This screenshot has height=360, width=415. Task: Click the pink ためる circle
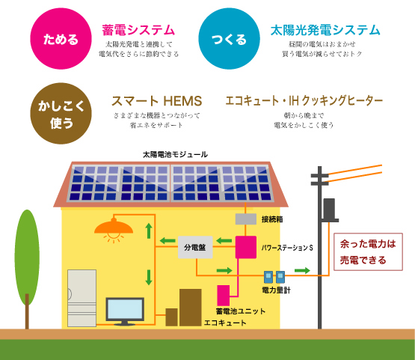61,39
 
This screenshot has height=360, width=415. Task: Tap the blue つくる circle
230,39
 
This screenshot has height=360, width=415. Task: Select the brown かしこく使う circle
61,113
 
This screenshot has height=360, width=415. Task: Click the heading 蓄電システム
138,30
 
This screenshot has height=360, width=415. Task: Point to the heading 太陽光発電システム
325,30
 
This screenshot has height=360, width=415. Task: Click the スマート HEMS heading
157,101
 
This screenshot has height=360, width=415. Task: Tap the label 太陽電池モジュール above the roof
175,154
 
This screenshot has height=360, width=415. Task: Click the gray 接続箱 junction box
246,219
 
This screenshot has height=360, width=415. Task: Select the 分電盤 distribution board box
195,247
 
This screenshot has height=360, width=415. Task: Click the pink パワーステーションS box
246,247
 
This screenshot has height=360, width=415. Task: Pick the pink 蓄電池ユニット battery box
224,296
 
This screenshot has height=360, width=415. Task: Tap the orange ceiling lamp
114,228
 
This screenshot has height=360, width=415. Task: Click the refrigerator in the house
82,298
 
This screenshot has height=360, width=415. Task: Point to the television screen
125,309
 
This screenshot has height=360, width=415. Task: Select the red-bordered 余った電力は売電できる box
368,251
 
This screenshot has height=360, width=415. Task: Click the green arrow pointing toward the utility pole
302,270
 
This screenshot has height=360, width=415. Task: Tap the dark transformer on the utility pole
329,210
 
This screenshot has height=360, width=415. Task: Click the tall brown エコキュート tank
190,308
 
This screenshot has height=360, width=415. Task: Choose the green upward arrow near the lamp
149,231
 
